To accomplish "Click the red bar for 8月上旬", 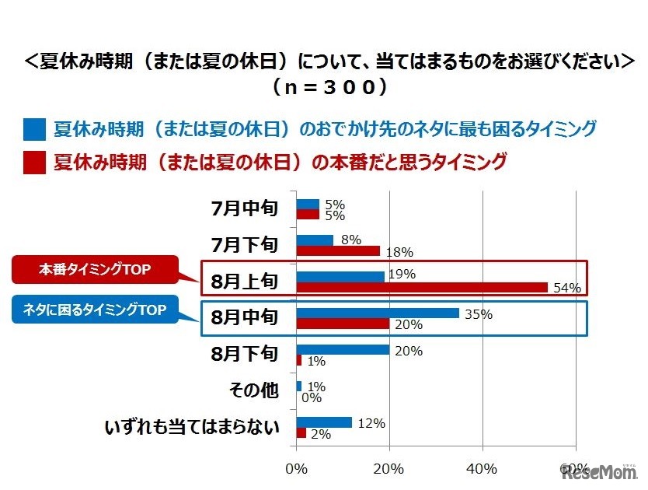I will (422, 287).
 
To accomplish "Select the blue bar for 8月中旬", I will (378, 313).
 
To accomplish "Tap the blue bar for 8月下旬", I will (343, 350).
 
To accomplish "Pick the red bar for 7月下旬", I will (338, 250).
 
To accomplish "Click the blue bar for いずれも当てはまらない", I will (324, 422).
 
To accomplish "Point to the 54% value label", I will (568, 288).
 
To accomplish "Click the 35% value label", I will (479, 314).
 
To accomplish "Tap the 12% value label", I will (372, 423).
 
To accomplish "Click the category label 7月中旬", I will (244, 208).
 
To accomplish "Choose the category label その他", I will (253, 390).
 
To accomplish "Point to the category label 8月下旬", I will (244, 354).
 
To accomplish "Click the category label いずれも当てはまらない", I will (191, 427).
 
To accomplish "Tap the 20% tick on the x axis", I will (388, 469).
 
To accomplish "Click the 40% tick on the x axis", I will (482, 469).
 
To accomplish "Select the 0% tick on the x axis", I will (296, 469).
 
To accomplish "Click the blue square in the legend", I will (33, 128).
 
